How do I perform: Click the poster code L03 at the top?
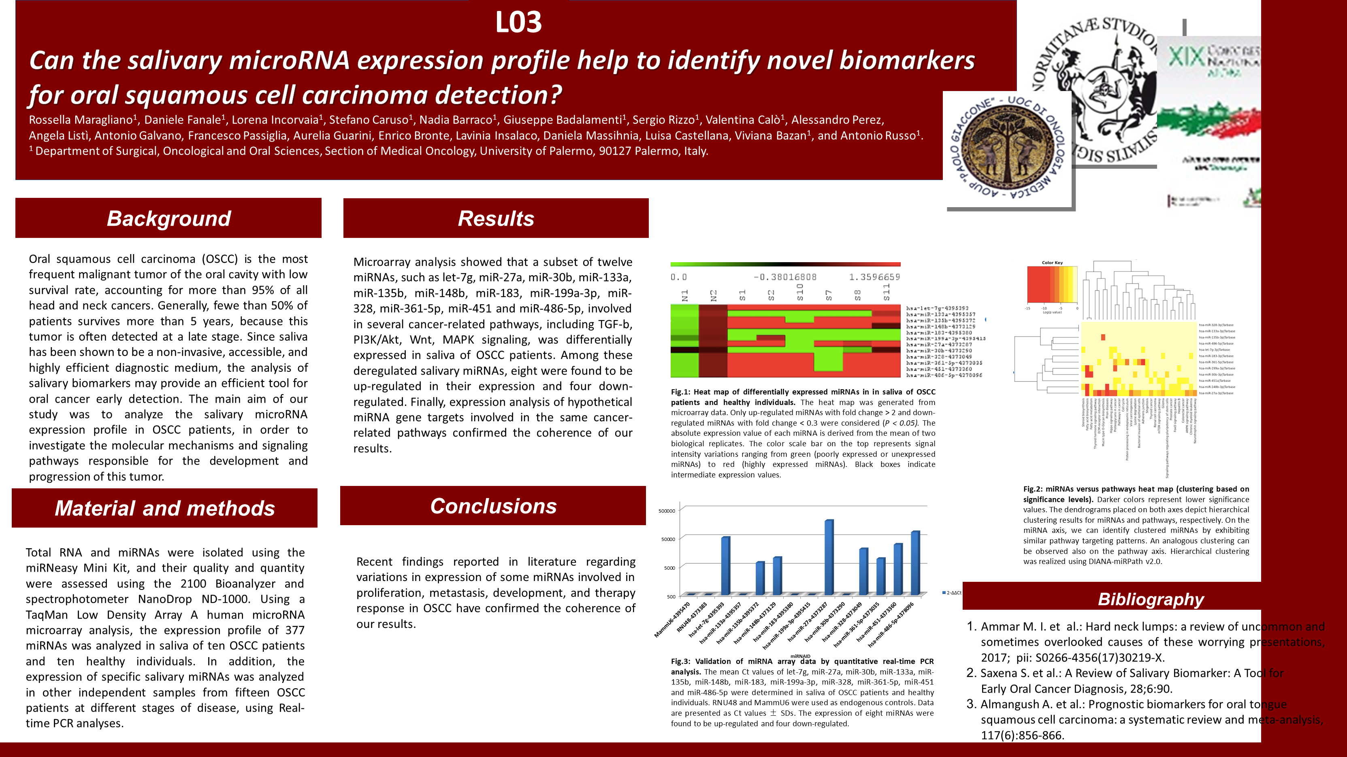coord(518,22)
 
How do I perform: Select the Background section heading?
coord(168,218)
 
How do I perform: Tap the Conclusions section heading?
coord(493,506)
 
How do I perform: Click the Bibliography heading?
coord(1151,599)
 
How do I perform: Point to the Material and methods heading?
coord(165,508)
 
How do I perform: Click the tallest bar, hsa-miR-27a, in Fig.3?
coord(828,557)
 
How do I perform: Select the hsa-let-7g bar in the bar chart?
coord(725,565)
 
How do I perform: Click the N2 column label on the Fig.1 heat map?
coord(713,296)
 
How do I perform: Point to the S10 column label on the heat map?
coord(799,293)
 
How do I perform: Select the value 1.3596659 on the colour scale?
coord(874,277)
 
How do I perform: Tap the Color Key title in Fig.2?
coord(1052,263)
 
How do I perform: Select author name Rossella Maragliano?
coord(81,120)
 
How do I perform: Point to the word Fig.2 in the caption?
coord(1033,489)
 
